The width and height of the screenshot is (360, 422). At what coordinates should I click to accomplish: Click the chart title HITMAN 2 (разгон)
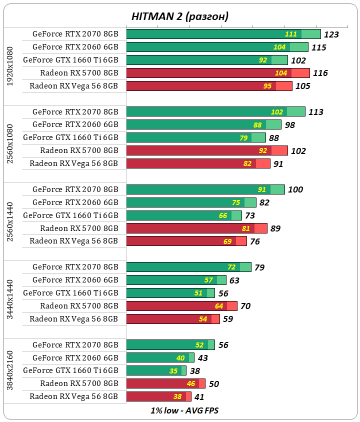pos(180,16)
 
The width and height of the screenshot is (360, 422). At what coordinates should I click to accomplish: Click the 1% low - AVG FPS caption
pos(184,410)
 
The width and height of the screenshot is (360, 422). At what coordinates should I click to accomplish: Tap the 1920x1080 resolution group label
pos(11,66)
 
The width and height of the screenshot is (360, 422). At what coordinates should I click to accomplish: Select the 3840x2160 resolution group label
pos(11,370)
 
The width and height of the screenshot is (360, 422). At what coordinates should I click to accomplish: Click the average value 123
pos(331,34)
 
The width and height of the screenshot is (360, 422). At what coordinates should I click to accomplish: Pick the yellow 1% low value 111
pos(291,34)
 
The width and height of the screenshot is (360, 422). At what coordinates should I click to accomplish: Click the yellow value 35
pos(173,371)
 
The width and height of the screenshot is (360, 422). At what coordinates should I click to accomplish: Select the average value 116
pos(320,73)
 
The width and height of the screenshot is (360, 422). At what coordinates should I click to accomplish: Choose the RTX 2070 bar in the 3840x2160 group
pos(170,345)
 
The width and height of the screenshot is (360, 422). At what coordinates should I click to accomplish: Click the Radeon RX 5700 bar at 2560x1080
pos(207,150)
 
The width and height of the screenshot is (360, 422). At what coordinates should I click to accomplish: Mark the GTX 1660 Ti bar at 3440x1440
pos(170,293)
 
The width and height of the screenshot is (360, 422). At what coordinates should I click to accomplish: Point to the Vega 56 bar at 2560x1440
pos(186,241)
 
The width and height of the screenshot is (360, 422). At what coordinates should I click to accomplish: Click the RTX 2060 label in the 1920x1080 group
pos(75,47)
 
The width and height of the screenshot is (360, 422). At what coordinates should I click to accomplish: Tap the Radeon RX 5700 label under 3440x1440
pos(79,306)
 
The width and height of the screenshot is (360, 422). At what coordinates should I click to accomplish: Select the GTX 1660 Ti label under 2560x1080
pos(70,137)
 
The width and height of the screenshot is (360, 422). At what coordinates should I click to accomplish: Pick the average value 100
pos(295,189)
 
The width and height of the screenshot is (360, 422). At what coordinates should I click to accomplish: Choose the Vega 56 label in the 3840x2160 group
pos(74,396)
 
